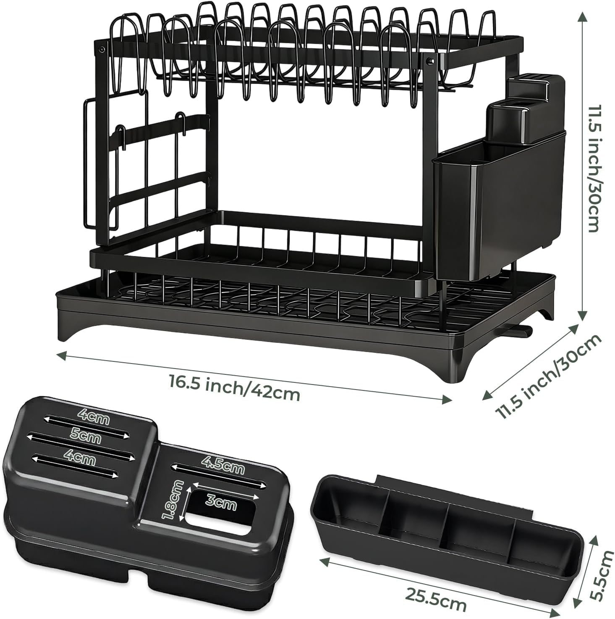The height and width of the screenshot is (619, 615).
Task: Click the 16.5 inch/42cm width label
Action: click(x=234, y=389)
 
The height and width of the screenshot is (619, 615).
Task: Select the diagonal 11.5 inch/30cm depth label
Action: click(x=547, y=376)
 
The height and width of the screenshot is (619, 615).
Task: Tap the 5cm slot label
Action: click(x=86, y=437)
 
